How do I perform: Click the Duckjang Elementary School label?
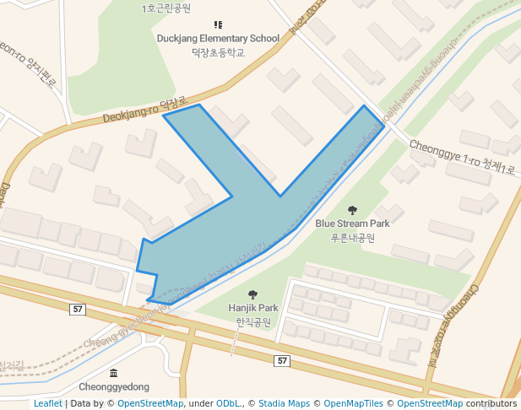point(218,38)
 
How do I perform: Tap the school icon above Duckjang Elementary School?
point(218,24)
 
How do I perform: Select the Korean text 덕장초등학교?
point(218,51)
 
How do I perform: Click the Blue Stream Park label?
point(352,224)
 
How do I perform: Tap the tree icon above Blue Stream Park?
point(352,210)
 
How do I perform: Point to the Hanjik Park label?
point(253,308)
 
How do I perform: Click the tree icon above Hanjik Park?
point(253,294)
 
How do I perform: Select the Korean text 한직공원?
point(253,321)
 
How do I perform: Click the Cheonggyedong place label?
point(114,386)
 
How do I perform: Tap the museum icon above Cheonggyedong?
point(114,373)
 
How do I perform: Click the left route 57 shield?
point(78,310)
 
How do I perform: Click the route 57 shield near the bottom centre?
point(282,360)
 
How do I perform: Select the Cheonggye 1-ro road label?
point(462,157)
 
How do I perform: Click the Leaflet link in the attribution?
point(47,403)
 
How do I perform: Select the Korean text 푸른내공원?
point(352,237)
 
